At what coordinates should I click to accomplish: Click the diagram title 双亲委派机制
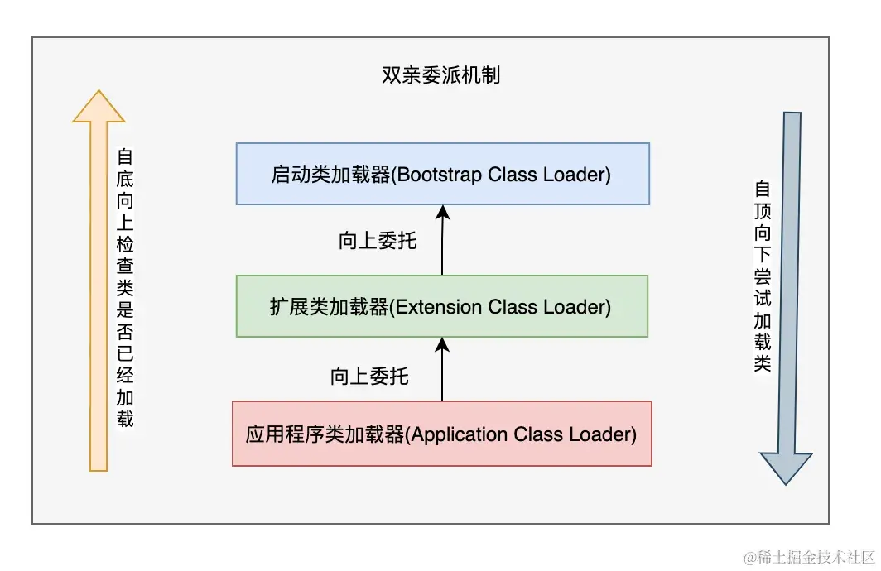(x=440, y=76)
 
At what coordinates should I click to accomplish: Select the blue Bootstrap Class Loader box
(x=442, y=174)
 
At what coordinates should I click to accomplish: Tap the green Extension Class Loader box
(x=442, y=306)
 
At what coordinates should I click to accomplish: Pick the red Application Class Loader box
(x=441, y=434)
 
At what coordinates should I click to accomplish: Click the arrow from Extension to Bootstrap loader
(x=442, y=240)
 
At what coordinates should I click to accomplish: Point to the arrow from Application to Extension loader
(x=442, y=369)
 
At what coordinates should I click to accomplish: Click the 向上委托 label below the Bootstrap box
(x=378, y=242)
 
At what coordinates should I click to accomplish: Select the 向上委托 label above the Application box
(x=369, y=377)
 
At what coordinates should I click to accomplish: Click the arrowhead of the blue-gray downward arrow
(x=786, y=468)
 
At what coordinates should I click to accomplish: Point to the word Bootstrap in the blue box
(x=438, y=175)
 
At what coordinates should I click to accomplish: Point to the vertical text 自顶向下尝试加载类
(x=762, y=277)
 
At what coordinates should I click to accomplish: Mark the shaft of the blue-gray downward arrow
(x=787, y=281)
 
